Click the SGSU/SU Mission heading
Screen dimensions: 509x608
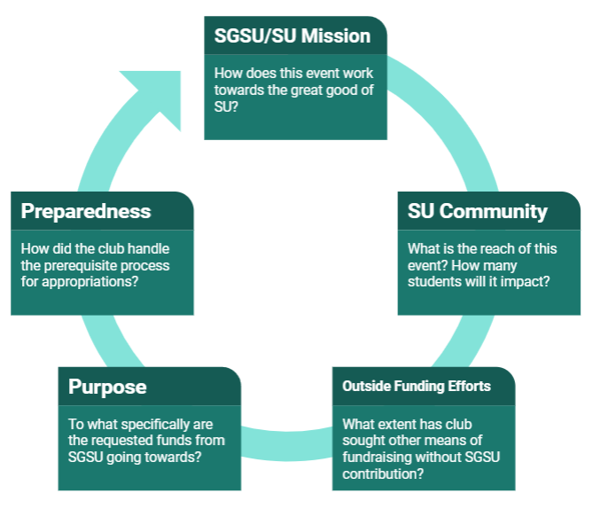292,36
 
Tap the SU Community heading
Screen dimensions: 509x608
477,212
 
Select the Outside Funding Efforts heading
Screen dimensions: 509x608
416,387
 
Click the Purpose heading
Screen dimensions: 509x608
107,388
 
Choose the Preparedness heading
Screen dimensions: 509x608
85,212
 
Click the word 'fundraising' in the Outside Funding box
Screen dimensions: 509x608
375,457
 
